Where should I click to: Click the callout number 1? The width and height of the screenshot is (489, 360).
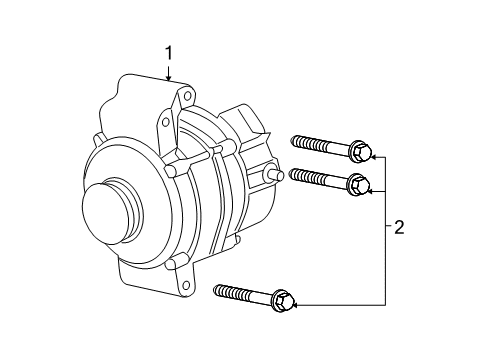(169, 52)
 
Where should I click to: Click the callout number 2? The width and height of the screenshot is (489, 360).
(400, 228)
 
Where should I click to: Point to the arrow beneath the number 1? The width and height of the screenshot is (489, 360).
(169, 72)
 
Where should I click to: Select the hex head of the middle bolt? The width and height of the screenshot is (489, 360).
(359, 183)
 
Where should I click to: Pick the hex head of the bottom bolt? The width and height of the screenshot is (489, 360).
(283, 298)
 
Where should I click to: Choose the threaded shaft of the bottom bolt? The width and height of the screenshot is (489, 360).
(240, 291)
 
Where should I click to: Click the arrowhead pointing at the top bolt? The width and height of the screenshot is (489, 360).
(372, 156)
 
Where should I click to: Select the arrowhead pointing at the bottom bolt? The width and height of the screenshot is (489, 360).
(297, 303)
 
